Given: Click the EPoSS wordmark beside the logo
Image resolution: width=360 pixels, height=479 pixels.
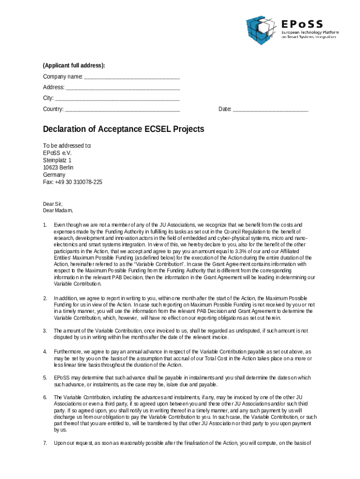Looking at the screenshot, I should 302,24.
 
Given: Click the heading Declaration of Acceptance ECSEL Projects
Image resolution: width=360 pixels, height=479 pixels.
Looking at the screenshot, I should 123,129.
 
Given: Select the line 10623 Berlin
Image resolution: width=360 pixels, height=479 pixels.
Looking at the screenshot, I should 58,167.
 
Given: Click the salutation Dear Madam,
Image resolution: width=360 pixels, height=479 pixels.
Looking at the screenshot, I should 58,210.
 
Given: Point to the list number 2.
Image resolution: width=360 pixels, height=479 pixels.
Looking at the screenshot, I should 45,298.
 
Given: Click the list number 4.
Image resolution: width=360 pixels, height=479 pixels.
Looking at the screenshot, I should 45,351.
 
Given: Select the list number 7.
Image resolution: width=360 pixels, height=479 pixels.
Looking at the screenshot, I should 45,443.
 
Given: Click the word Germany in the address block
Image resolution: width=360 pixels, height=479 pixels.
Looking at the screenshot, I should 54,174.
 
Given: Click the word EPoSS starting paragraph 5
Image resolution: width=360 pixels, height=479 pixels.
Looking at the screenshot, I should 62,377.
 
